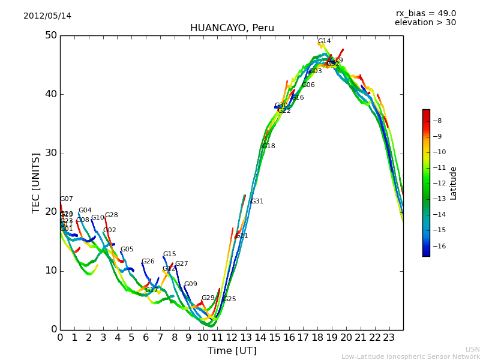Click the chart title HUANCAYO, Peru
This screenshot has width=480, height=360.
click(232, 28)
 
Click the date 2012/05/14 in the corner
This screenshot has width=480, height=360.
click(47, 16)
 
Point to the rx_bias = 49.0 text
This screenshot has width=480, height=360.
click(425, 14)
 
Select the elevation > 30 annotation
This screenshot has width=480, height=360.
click(425, 23)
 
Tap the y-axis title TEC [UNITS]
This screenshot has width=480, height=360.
click(36, 182)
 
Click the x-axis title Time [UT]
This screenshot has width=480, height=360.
click(232, 351)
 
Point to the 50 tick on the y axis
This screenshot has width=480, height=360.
click(51, 35)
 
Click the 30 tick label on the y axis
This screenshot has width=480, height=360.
click(51, 153)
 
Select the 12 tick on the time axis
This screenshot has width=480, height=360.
click(232, 338)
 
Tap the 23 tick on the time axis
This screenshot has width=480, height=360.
click(389, 338)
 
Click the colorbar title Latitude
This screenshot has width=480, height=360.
click(454, 183)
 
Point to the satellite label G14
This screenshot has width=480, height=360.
click(324, 41)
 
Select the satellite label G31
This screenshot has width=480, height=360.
click(257, 202)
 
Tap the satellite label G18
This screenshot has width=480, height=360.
click(268, 146)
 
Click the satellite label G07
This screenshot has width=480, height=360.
click(66, 199)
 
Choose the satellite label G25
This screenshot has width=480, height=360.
click(229, 299)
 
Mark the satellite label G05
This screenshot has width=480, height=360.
click(127, 250)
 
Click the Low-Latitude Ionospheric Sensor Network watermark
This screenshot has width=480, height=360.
click(410, 356)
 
